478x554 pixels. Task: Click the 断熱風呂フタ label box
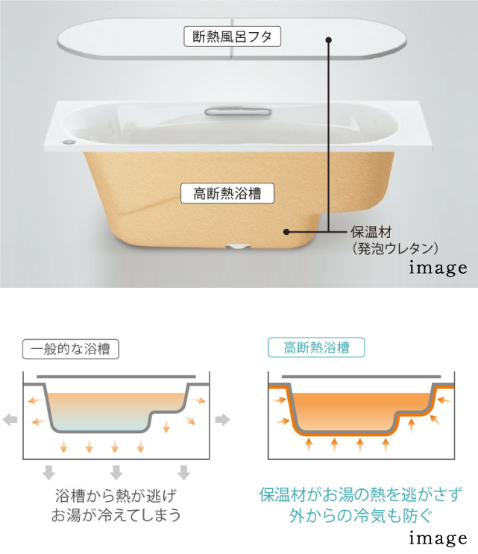click(232, 37)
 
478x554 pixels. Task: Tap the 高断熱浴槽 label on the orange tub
click(227, 193)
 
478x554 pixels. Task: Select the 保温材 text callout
click(371, 232)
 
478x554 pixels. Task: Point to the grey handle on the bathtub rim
click(238, 112)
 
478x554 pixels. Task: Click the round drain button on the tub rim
click(69, 142)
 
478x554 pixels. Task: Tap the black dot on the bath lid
click(329, 40)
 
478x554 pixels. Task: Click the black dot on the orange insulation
click(286, 232)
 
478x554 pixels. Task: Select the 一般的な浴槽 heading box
click(71, 349)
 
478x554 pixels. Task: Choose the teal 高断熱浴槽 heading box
click(316, 347)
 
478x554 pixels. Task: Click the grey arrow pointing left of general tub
click(10, 420)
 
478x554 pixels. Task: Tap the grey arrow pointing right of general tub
click(222, 420)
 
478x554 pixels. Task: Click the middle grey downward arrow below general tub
click(116, 473)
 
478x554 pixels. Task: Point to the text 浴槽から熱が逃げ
click(116, 496)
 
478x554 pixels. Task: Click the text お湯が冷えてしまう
click(116, 514)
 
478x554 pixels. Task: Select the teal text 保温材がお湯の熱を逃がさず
click(361, 494)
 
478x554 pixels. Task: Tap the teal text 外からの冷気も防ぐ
click(361, 515)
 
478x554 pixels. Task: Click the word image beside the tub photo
click(438, 268)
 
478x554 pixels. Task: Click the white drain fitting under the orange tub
click(238, 246)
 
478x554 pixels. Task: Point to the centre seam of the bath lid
click(232, 39)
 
